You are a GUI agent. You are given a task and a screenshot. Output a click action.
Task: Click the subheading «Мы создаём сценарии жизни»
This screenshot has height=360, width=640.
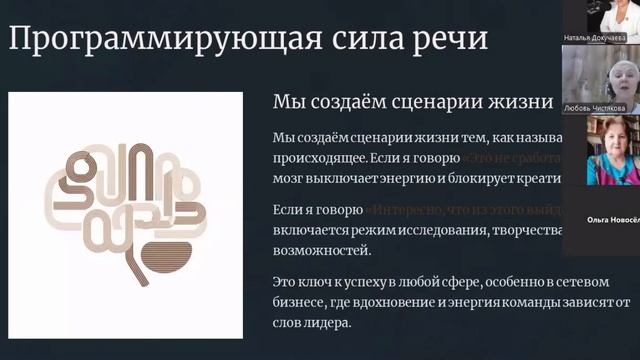tap(412, 102)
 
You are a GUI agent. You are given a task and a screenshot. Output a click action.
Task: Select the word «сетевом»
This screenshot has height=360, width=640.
tap(586, 283)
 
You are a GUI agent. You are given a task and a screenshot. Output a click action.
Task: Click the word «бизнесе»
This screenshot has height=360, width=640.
tap(300, 302)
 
